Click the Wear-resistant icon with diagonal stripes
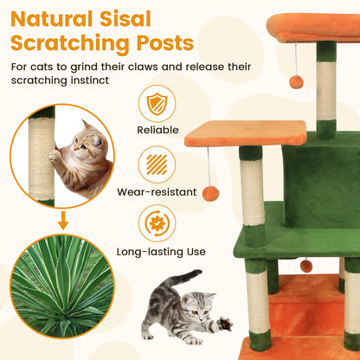(x=157, y=164)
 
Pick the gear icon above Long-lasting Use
(x=157, y=223)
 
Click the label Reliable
(x=157, y=131)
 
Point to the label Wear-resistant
(x=157, y=191)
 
